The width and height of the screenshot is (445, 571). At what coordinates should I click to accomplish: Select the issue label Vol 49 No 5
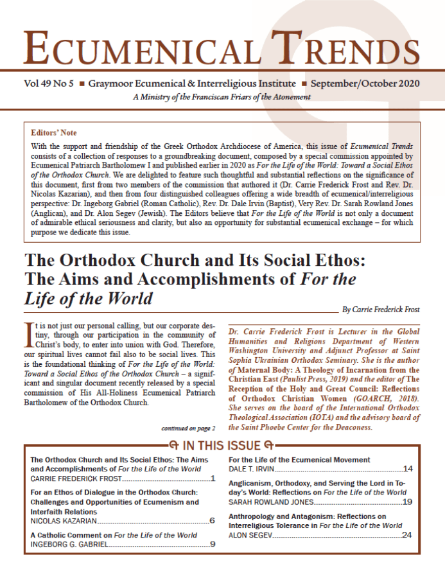coord(49,84)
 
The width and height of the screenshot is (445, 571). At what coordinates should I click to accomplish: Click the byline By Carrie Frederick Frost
coord(381,310)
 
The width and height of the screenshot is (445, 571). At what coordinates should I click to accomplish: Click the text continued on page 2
coord(188,427)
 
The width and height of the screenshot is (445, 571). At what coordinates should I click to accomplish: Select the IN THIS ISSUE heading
coord(222,445)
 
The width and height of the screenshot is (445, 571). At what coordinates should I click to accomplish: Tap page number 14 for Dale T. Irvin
coord(408,470)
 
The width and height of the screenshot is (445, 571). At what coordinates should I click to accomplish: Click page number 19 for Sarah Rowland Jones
coord(408,502)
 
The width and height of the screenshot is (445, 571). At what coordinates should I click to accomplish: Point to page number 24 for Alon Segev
coord(408,534)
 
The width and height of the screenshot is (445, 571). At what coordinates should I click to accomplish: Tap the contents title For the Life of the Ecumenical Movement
coord(300,460)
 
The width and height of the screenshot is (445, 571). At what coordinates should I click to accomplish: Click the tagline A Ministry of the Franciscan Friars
coord(222,97)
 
